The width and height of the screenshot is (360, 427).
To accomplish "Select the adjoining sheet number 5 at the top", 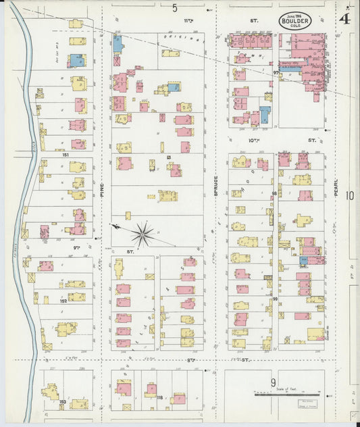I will pyautogui.click(x=174, y=8).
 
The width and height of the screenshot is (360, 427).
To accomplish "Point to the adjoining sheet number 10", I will pyautogui.click(x=349, y=196).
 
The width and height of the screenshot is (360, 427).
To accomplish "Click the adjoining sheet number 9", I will pyautogui.click(x=274, y=382).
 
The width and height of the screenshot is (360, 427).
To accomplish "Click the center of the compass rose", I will pyautogui.click(x=143, y=235).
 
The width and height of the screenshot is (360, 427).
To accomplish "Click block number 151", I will pyautogui.click(x=66, y=155).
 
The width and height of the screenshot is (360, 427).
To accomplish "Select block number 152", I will pyautogui.click(x=63, y=301).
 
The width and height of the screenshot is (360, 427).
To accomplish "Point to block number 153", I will pyautogui.click(x=62, y=403).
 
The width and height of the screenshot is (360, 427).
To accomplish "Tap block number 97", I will pyautogui.click(x=276, y=72).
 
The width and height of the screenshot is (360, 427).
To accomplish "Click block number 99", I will pyautogui.click(x=275, y=298).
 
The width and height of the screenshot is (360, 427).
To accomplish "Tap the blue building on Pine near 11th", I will pyautogui.click(x=118, y=45).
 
